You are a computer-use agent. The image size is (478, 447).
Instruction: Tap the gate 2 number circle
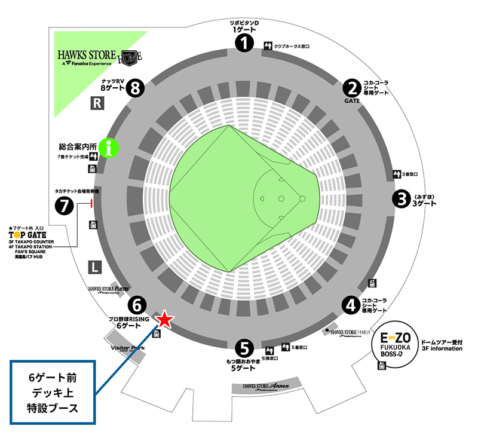coord(351,88)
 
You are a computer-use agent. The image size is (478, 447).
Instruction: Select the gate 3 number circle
coord(400,198)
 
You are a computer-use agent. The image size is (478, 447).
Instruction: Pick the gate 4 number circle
coord(351,304)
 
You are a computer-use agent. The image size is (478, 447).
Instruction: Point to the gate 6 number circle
coord(137,305)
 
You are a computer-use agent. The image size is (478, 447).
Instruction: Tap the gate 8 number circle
coord(137,88)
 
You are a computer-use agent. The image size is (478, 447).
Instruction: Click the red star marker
coord(165,320)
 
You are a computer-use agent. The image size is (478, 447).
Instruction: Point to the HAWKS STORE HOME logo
coord(99,57)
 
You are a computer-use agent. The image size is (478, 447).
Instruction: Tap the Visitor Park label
coord(128,347)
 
